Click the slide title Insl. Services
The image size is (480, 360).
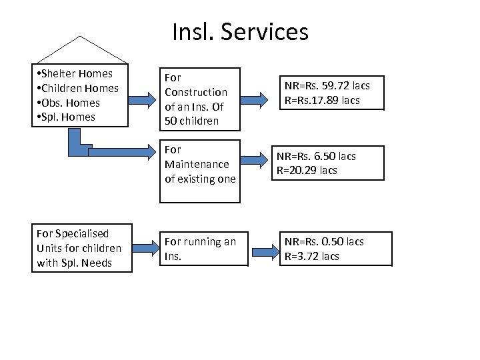(x=240, y=31)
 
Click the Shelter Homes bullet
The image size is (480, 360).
(x=75, y=73)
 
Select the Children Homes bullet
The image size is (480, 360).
(x=79, y=88)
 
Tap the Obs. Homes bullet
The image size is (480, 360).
(x=69, y=103)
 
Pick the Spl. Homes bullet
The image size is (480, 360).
(x=67, y=117)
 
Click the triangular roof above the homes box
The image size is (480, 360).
(x=80, y=51)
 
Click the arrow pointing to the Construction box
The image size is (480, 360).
(x=141, y=99)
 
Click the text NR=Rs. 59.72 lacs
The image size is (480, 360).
(x=327, y=86)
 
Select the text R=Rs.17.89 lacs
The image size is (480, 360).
(x=322, y=100)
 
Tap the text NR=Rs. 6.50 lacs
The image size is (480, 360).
(x=320, y=156)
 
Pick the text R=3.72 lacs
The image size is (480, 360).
(x=312, y=256)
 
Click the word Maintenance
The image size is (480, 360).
(x=196, y=164)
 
